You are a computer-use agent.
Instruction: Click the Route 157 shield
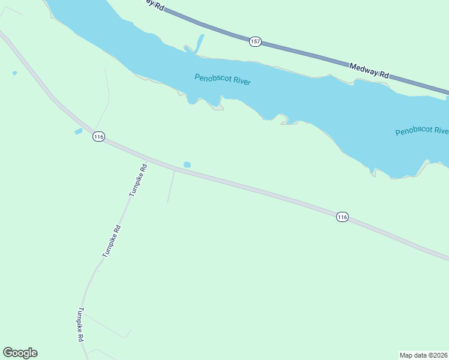coord(255,41)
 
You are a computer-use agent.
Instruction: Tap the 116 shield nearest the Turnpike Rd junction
coord(99,137)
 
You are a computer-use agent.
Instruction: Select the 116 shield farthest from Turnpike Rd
coord(342,217)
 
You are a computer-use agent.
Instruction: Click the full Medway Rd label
coord(369,71)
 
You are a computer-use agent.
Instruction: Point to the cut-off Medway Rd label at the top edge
coord(155,4)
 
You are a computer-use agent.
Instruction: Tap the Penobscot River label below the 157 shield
coord(222,80)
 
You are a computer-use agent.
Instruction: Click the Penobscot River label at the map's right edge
coord(422,131)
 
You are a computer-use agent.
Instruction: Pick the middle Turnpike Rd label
coord(112,241)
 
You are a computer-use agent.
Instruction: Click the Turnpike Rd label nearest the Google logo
coord(80,325)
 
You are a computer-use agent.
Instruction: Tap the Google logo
coord(20,353)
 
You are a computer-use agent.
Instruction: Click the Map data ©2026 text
coord(424,355)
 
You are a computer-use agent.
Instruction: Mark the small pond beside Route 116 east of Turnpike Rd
coord(187,164)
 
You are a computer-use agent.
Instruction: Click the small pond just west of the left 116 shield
coord(78,131)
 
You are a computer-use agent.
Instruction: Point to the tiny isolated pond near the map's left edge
coord(14,73)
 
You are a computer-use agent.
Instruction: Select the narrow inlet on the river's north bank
coord(199,43)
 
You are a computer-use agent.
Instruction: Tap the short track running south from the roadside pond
coord(171,186)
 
